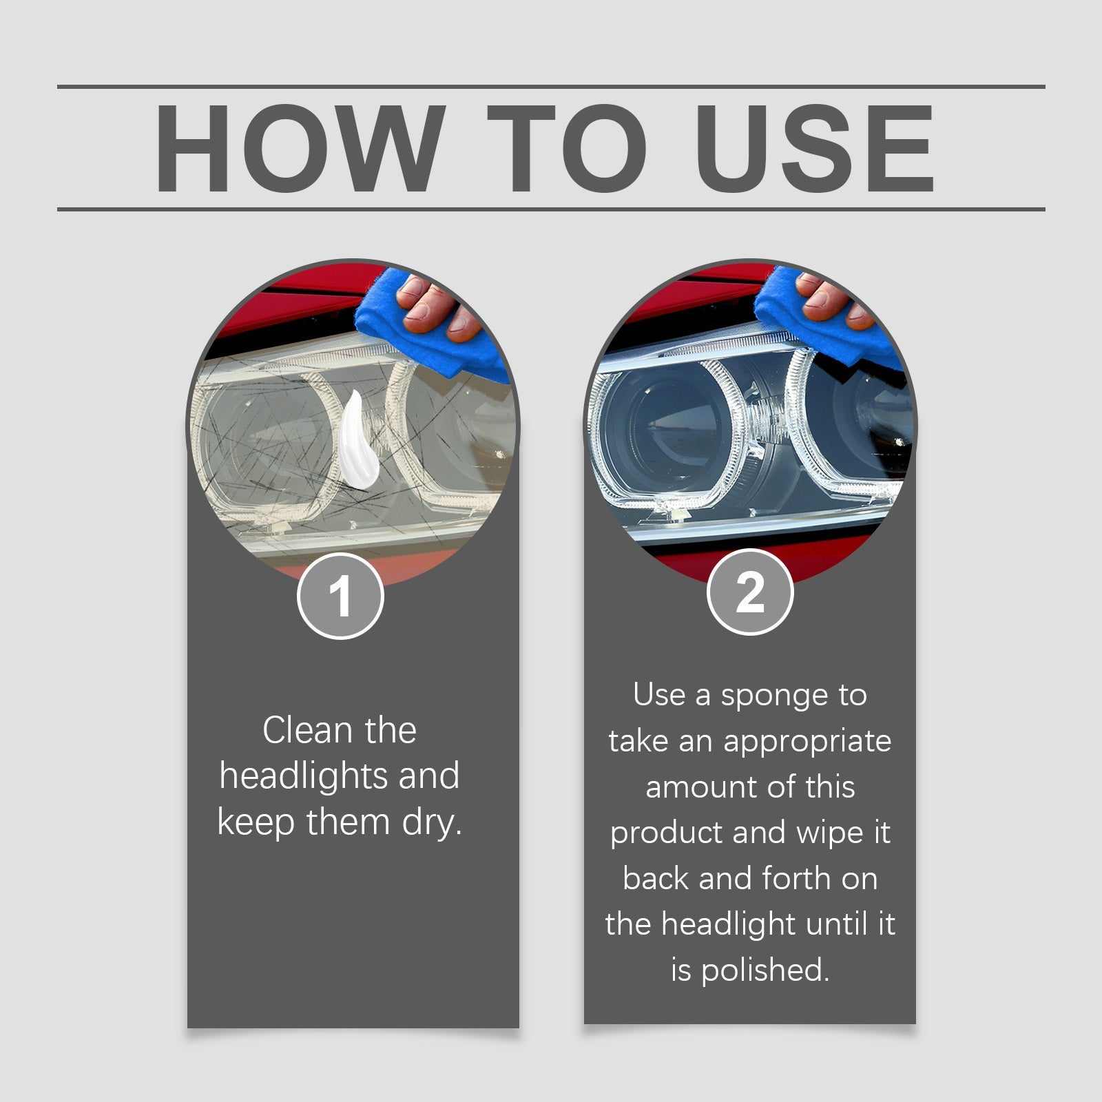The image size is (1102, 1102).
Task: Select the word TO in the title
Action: [566, 149]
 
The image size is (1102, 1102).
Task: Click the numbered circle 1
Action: [340, 596]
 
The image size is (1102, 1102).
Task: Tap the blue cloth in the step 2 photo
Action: [806, 317]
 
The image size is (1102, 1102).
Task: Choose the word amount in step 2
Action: [697, 787]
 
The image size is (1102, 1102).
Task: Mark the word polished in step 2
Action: [765, 970]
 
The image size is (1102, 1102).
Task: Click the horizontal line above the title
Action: [551, 87]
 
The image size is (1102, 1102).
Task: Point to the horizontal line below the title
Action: [551, 209]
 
